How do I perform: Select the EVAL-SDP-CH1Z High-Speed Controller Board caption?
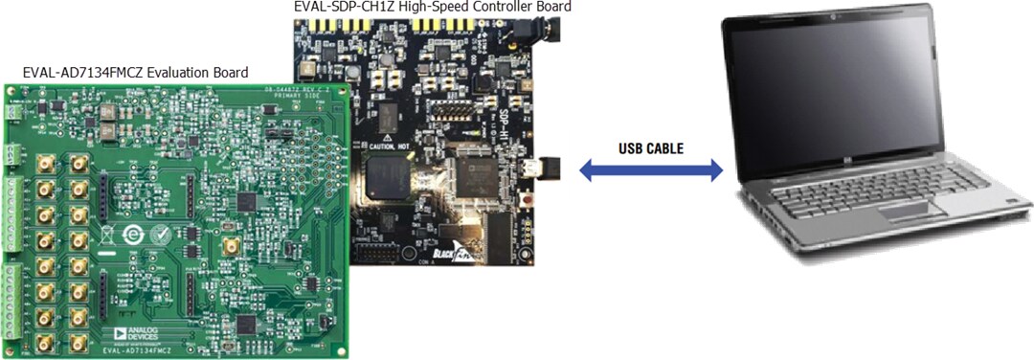(433, 7)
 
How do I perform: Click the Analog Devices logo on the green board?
(133, 333)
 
